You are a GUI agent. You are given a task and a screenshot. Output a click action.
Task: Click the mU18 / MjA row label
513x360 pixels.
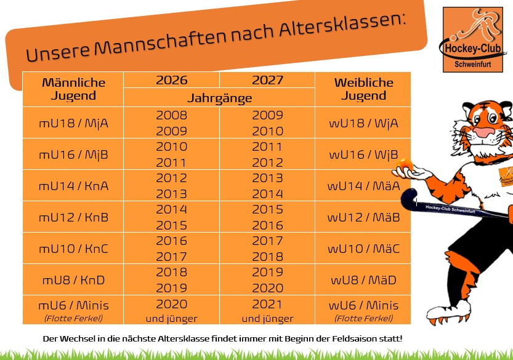(73, 123)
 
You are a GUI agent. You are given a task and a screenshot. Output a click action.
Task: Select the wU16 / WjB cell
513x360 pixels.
(363, 154)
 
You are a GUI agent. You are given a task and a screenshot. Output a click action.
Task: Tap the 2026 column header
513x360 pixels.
(172, 80)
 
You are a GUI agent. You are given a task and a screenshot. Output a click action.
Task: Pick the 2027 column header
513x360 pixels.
(267, 80)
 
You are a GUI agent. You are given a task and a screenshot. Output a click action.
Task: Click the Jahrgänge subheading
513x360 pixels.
(219, 98)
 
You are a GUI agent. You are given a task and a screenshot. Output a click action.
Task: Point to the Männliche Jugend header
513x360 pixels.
(73, 89)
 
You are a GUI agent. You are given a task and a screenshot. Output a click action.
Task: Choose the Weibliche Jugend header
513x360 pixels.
(363, 89)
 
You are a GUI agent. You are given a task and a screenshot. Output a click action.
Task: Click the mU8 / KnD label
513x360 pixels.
(73, 280)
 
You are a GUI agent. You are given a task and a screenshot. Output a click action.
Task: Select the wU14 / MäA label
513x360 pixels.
(363, 186)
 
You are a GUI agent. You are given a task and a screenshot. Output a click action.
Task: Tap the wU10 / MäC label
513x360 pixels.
(363, 249)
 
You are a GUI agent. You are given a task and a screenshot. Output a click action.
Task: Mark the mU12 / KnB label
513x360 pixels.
(73, 217)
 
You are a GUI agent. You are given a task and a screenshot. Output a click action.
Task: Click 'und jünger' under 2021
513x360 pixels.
(267, 319)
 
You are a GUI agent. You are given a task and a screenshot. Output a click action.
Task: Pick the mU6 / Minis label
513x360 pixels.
(73, 305)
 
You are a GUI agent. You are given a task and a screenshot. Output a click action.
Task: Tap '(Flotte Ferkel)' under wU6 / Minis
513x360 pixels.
(363, 318)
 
